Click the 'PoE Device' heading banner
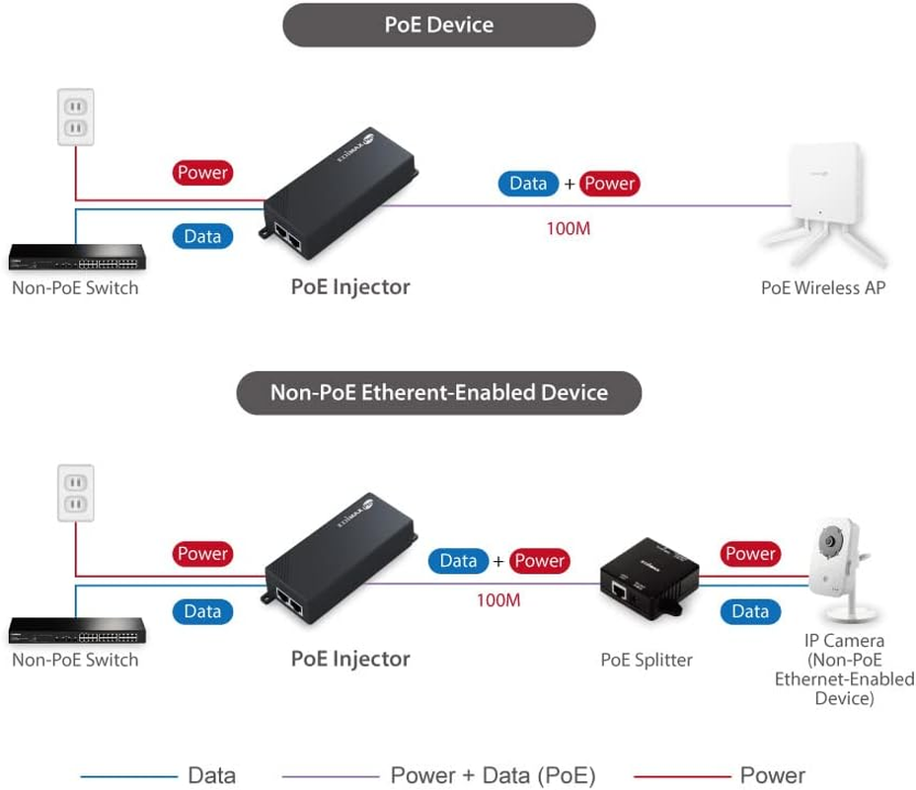[x=439, y=25]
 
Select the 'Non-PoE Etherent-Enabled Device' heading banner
[x=439, y=392]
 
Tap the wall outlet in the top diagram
[x=75, y=117]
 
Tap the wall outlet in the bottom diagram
[x=75, y=493]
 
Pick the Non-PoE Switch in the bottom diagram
[x=77, y=630]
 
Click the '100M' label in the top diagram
[x=568, y=229]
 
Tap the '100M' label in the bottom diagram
[x=498, y=599]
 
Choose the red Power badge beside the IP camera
[x=750, y=554]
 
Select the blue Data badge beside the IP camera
[x=750, y=611]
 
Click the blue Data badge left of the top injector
[x=202, y=236]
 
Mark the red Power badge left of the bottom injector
[x=202, y=554]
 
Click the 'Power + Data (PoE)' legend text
[x=493, y=775]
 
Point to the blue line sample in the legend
[x=127, y=776]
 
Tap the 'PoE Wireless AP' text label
[x=823, y=287]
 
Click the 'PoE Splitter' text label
[x=647, y=660]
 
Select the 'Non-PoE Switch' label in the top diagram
[x=75, y=287]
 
